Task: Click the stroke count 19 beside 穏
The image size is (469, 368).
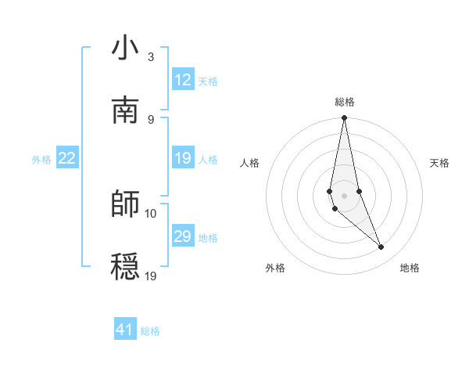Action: click(x=151, y=276)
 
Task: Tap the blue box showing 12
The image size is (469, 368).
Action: click(x=183, y=80)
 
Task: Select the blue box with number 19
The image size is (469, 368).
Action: click(x=183, y=158)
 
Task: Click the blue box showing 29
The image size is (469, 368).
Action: click(x=183, y=236)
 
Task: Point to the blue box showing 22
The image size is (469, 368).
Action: click(x=67, y=158)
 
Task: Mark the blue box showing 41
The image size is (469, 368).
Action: click(x=125, y=330)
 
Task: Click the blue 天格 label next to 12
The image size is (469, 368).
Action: click(x=208, y=81)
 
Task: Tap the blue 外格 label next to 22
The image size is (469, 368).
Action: click(x=41, y=160)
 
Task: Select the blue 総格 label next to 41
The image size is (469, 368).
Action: click(x=151, y=331)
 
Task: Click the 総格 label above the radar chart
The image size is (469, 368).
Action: click(x=345, y=102)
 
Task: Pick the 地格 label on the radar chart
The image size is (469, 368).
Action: click(x=410, y=268)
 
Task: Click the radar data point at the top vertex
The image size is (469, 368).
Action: click(x=345, y=118)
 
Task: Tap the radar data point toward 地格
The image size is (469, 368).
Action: click(x=381, y=247)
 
